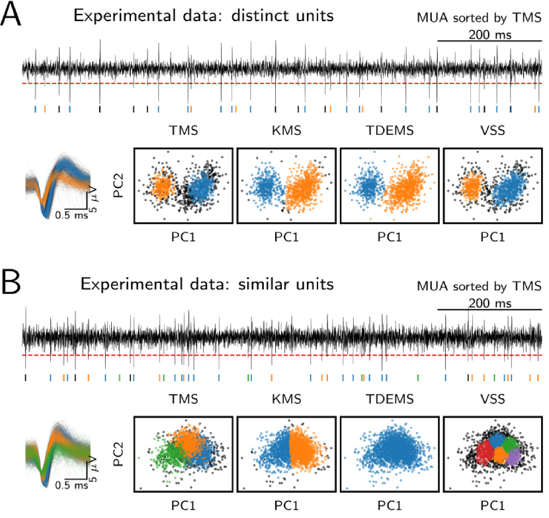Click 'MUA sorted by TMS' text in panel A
pos(479,17)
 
